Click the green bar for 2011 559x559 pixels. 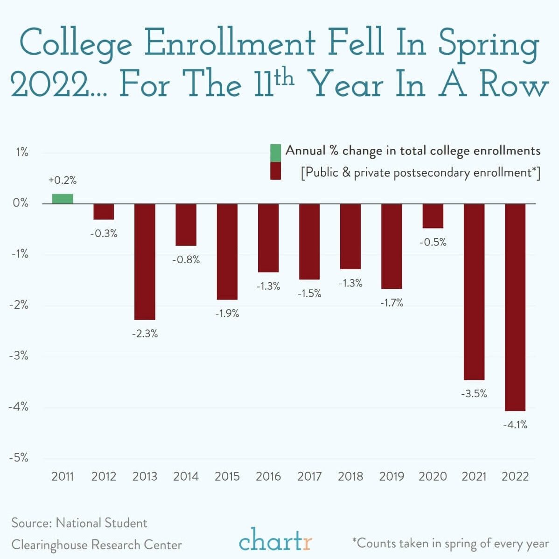[63, 199]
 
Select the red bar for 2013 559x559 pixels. [145, 261]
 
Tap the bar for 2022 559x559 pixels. [515, 307]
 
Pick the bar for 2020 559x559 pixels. [433, 216]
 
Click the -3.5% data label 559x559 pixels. [474, 394]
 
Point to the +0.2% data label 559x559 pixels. [63, 180]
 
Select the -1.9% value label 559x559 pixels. [227, 314]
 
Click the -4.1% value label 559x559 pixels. [515, 425]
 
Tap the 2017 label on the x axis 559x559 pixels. [309, 476]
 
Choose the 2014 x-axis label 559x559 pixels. [186, 476]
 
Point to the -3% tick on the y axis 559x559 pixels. [19, 356]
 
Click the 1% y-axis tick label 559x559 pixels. [21, 153]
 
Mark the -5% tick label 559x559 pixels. [19, 458]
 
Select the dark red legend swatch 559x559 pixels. [275, 171]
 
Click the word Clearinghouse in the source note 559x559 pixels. [49, 545]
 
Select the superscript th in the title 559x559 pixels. [284, 77]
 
